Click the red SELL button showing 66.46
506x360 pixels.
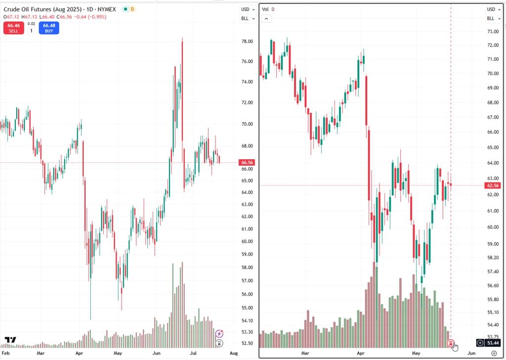(x=13, y=28)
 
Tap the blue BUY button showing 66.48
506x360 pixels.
(x=49, y=28)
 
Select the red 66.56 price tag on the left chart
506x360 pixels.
(x=247, y=162)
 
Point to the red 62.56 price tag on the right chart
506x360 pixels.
(x=493, y=185)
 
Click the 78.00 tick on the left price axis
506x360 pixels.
(x=247, y=42)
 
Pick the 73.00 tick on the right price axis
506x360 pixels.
(x=493, y=32)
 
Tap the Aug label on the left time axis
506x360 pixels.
(x=234, y=353)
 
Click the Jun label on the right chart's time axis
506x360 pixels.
(x=471, y=353)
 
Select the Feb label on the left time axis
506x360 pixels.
(x=6, y=353)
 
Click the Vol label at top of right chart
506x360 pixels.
(x=265, y=9)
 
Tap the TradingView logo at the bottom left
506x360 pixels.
(x=10, y=340)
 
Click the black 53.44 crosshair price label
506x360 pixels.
(x=493, y=343)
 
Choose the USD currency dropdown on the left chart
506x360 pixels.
(x=248, y=9)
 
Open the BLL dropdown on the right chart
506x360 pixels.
(x=494, y=18)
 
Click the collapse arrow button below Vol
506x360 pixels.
(x=266, y=19)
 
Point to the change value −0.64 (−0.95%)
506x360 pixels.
(x=90, y=17)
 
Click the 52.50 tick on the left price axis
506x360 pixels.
(x=247, y=343)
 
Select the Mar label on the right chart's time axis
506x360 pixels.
(x=305, y=353)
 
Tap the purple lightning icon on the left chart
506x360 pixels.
(x=219, y=333)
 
